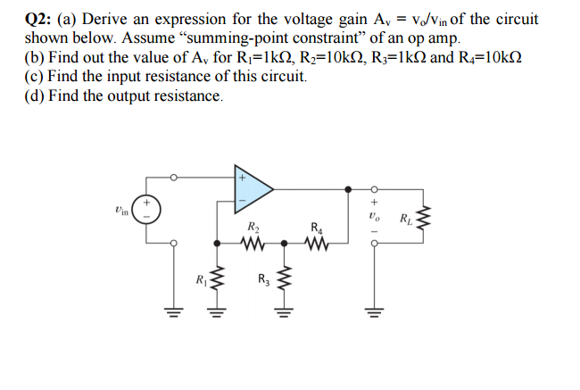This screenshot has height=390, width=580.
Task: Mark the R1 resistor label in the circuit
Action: pos(201,284)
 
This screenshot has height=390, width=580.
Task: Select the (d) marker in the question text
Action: pos(35,95)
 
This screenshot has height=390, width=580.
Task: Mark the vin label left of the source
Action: pos(121,211)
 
